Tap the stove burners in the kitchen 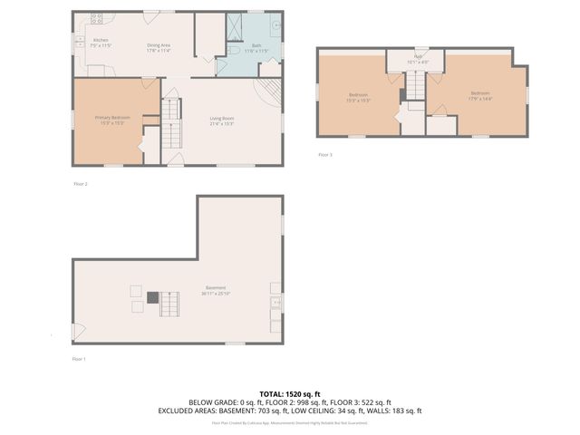tap(95, 18)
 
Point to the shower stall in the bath tap(234, 26)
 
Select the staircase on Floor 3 tap(414, 86)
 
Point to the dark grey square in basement tap(153, 296)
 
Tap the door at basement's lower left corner tap(79, 333)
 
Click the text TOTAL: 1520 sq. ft tap(290, 393)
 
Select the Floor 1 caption tap(80, 359)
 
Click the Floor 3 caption tap(324, 155)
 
